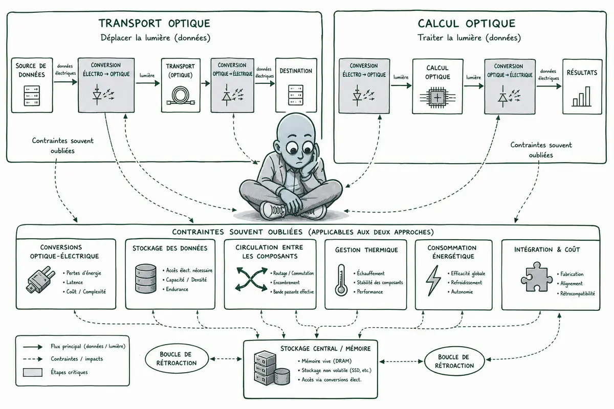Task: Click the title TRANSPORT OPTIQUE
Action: tap(155, 24)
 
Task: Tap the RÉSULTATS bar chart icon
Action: tap(581, 97)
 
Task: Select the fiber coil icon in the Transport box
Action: tap(181, 96)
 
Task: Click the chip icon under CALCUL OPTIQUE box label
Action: tap(437, 98)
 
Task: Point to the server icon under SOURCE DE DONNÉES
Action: tap(32, 96)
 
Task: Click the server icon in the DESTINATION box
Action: tap(296, 95)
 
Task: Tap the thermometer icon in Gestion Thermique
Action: tap(341, 280)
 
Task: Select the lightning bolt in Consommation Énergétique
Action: tap(433, 280)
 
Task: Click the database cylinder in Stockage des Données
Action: tap(146, 279)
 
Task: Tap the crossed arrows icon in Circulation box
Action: tap(251, 279)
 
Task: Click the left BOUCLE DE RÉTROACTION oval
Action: tap(177, 358)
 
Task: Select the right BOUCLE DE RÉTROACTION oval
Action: tap(454, 361)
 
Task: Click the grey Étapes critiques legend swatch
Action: tap(33, 372)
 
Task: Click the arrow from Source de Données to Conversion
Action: tap(65, 82)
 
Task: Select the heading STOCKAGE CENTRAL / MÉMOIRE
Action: tap(325, 349)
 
